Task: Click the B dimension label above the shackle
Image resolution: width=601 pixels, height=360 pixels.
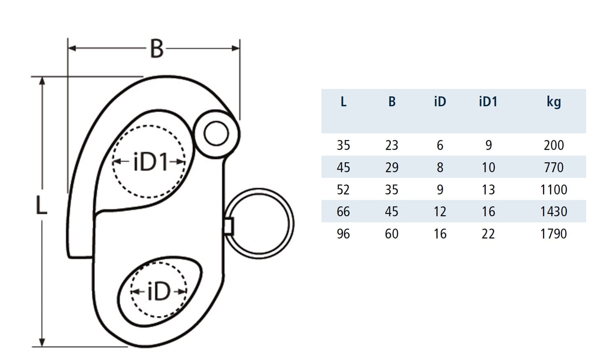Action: pos(156,49)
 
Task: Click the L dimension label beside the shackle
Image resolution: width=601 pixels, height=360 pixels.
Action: pos(41,206)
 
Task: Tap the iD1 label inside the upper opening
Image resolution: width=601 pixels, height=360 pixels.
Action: pos(150,162)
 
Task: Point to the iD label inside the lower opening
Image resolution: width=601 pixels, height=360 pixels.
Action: pos(158,292)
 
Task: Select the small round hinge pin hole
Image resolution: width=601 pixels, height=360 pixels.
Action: pos(216,133)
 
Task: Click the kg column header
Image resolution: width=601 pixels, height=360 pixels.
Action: pos(554,102)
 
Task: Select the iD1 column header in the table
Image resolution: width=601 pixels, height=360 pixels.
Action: pos(488,102)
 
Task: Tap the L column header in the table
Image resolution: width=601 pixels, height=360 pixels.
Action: pos(343,102)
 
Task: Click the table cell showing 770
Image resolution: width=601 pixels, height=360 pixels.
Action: pos(554,167)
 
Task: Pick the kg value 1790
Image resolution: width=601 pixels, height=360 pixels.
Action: pos(554,234)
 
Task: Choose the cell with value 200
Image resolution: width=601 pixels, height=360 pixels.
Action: pos(554,145)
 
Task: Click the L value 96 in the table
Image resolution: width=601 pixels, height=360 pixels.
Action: pos(343,234)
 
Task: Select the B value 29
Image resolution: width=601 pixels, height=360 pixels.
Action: pos(391,167)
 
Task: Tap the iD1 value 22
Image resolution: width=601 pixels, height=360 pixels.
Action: pos(488,234)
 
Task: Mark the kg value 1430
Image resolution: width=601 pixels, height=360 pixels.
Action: pos(554,212)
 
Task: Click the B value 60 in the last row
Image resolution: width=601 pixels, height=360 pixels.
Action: pos(391,234)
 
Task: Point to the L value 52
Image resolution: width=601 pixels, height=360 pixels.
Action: pos(343,189)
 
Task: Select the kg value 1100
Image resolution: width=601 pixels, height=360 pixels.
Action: pos(554,189)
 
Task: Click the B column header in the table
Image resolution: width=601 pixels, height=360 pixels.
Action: pos(392,102)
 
